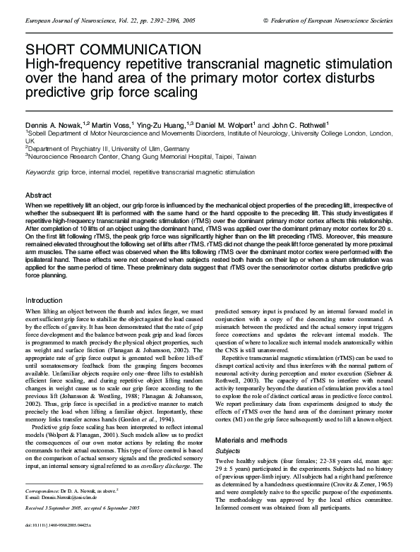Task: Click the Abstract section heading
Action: [x=39, y=194]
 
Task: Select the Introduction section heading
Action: [x=44, y=301]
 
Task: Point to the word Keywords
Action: [x=40, y=172]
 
